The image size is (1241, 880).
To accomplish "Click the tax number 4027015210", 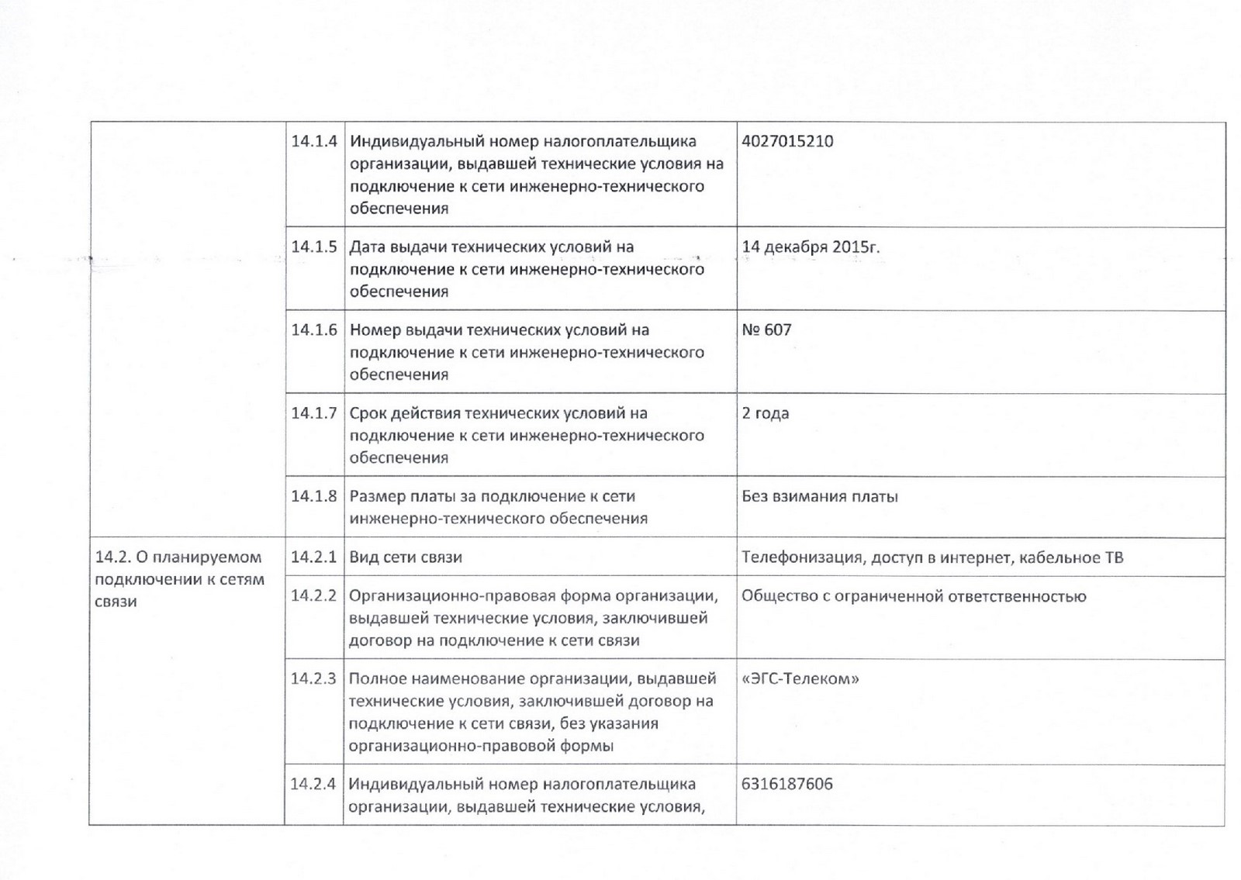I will (787, 142).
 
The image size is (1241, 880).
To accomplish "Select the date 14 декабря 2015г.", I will (811, 247).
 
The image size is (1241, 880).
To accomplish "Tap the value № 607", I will (766, 330).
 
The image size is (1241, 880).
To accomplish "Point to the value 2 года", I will (765, 413).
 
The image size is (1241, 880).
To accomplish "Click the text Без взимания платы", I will (819, 496).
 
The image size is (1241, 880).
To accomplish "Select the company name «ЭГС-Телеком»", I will (800, 679).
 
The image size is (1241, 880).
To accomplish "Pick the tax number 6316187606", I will (786, 784).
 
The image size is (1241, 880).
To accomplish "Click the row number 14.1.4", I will (314, 142).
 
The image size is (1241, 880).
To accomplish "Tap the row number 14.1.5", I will (314, 247).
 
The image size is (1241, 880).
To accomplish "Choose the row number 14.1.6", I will (314, 330).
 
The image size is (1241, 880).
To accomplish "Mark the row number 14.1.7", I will (314, 413).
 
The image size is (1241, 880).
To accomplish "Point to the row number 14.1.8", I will (314, 496).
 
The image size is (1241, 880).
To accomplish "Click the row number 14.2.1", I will (314, 557).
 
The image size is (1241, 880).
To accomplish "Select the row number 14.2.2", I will (314, 595).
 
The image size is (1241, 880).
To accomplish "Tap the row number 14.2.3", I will (314, 679).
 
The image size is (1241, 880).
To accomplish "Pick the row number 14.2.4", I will (314, 784).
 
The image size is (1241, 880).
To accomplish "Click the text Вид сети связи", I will (406, 557).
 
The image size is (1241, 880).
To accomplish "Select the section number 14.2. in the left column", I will (112, 557).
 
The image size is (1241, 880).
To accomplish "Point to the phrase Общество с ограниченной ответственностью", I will (914, 596).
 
